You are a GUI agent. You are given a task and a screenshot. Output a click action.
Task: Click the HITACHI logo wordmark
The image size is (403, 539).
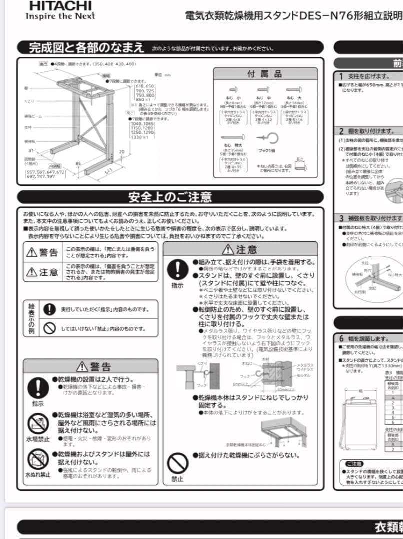tap(60, 6)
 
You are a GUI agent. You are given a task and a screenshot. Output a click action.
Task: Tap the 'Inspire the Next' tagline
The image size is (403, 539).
tap(60, 16)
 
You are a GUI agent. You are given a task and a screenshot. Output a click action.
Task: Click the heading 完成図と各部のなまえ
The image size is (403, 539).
tap(85, 48)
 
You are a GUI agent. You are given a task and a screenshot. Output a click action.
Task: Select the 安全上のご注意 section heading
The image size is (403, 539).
tap(170, 197)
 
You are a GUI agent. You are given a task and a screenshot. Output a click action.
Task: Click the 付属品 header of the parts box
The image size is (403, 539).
tap(264, 74)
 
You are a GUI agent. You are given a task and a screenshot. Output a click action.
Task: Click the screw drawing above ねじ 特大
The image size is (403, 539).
tap(233, 137)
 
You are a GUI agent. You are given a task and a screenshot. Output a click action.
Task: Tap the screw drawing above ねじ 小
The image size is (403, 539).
tap(233, 90)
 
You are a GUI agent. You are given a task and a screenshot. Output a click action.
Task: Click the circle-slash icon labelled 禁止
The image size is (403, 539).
tap(177, 464)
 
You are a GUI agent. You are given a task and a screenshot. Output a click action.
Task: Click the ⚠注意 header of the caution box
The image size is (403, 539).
tap(240, 249)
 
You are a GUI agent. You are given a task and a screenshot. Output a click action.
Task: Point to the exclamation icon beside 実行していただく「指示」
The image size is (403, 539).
tap(49, 309)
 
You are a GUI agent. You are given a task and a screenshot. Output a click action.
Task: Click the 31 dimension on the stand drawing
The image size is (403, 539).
tap(31, 151)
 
